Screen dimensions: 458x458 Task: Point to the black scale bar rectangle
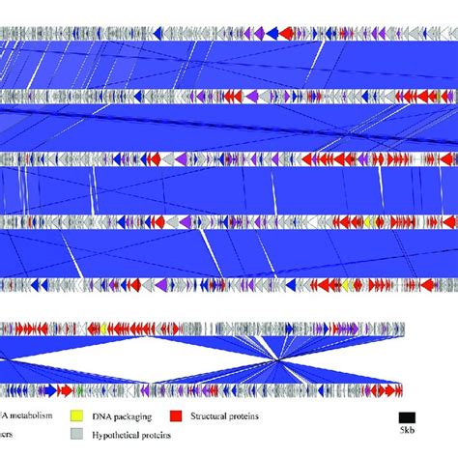click(x=407, y=416)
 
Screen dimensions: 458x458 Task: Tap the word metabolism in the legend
click(x=39, y=415)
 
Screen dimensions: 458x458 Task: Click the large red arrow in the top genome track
click(x=343, y=34)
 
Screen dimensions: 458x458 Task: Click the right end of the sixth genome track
click(x=403, y=329)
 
